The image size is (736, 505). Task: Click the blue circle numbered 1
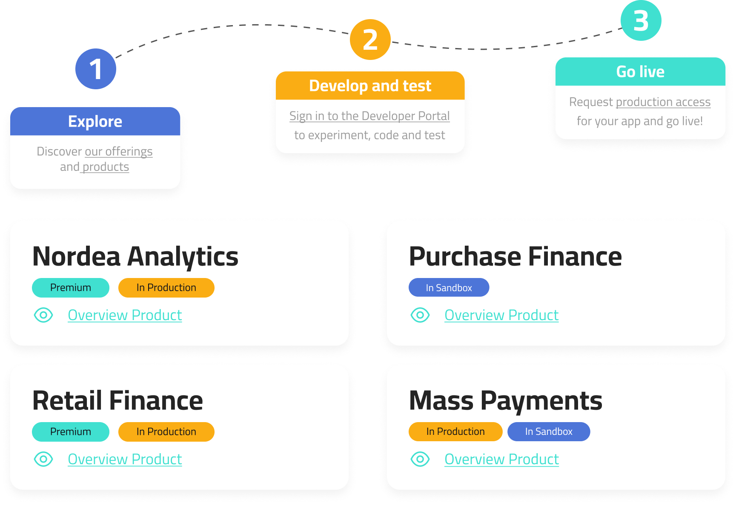click(96, 69)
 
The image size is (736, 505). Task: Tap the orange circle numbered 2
click(370, 40)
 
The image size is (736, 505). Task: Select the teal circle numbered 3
click(641, 20)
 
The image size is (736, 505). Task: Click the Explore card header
click(95, 122)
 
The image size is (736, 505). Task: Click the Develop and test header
click(370, 86)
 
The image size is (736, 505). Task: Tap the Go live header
click(640, 72)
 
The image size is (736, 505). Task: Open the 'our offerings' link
click(118, 151)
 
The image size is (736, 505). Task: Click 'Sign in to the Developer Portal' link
click(369, 116)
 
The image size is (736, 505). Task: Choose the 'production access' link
click(663, 102)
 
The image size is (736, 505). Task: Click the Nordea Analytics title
click(135, 257)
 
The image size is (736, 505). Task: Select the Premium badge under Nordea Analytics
click(71, 288)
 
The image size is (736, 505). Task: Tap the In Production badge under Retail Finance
click(166, 432)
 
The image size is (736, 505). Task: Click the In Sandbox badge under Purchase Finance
click(449, 288)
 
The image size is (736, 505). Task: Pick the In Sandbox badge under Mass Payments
click(548, 432)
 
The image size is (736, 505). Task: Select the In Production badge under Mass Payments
click(455, 432)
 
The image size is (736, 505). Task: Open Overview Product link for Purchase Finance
click(501, 315)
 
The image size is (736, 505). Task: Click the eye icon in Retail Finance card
click(43, 459)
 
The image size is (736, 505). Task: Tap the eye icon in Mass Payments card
click(420, 459)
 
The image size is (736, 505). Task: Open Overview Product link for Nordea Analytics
click(125, 315)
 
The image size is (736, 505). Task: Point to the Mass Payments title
click(505, 401)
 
